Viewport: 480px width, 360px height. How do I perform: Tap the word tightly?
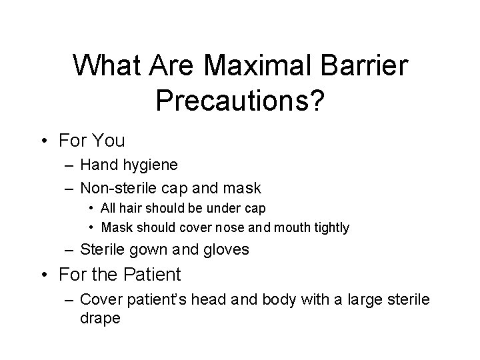click(x=328, y=227)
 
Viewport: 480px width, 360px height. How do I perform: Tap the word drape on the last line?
click(x=100, y=318)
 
